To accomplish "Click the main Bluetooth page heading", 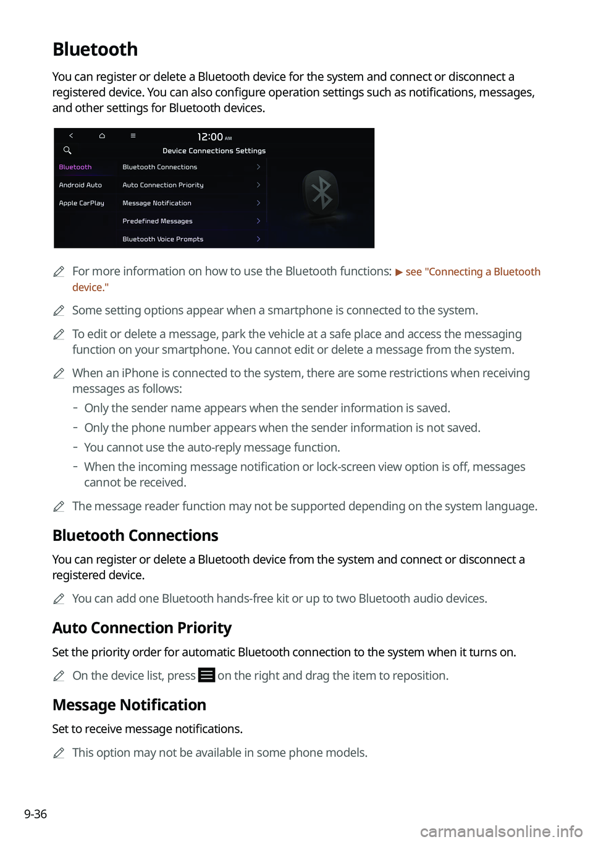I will pos(95,49).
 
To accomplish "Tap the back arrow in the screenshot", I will pos(71,135).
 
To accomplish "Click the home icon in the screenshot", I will pos(102,135).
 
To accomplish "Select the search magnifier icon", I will pos(67,150).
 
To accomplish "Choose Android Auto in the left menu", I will pos(80,185).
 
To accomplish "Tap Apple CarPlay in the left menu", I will pos(82,203).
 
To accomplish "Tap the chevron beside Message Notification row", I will pos(258,203).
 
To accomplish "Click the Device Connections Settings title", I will pos(214,151).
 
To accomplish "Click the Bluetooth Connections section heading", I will pos(135,535).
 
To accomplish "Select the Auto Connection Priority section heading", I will pos(142,628).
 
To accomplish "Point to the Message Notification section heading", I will pos(129,705).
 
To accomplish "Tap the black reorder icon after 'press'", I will pos(206,675).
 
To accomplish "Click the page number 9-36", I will pos(35,814).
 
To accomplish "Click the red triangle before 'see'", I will pos(399,272).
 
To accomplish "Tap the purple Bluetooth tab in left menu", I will pos(75,167).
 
